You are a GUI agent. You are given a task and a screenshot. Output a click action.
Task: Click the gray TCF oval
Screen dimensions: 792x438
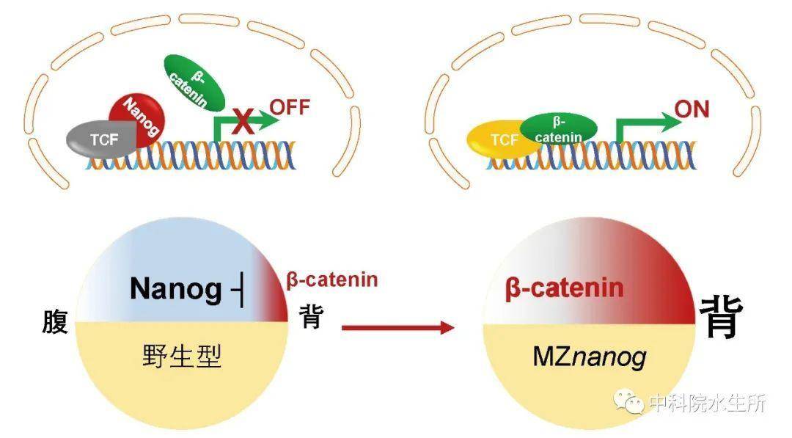pos(101,139)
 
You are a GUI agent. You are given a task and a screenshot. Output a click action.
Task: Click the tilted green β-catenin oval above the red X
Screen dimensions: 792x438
pos(194,83)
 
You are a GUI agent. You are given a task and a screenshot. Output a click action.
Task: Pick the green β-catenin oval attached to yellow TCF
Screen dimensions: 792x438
pos(559,129)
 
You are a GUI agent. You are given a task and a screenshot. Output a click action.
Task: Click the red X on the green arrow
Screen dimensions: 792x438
pos(243,121)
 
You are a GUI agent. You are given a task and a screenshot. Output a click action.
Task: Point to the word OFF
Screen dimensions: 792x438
pos(290,107)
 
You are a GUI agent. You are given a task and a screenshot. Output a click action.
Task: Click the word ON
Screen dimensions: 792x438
pos(692,109)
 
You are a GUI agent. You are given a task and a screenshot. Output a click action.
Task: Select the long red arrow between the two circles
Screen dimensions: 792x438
pos(398,327)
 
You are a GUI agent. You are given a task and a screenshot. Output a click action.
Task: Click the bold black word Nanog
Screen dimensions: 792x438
pos(175,289)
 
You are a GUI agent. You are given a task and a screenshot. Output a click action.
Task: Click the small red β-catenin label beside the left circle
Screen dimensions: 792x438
pos(332,280)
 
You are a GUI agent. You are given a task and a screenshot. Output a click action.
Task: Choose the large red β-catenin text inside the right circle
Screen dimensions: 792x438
pos(564,288)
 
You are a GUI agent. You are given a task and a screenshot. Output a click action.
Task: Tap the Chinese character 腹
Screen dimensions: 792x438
pos(54,322)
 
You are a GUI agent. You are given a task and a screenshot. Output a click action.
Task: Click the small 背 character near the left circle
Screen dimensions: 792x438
pos(311,316)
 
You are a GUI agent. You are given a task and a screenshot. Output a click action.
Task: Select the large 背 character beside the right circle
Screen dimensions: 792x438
pos(721,317)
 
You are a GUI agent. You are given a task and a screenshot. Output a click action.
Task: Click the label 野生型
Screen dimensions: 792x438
pos(182,356)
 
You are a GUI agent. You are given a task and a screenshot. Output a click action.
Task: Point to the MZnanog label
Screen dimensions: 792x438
pos(590,357)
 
